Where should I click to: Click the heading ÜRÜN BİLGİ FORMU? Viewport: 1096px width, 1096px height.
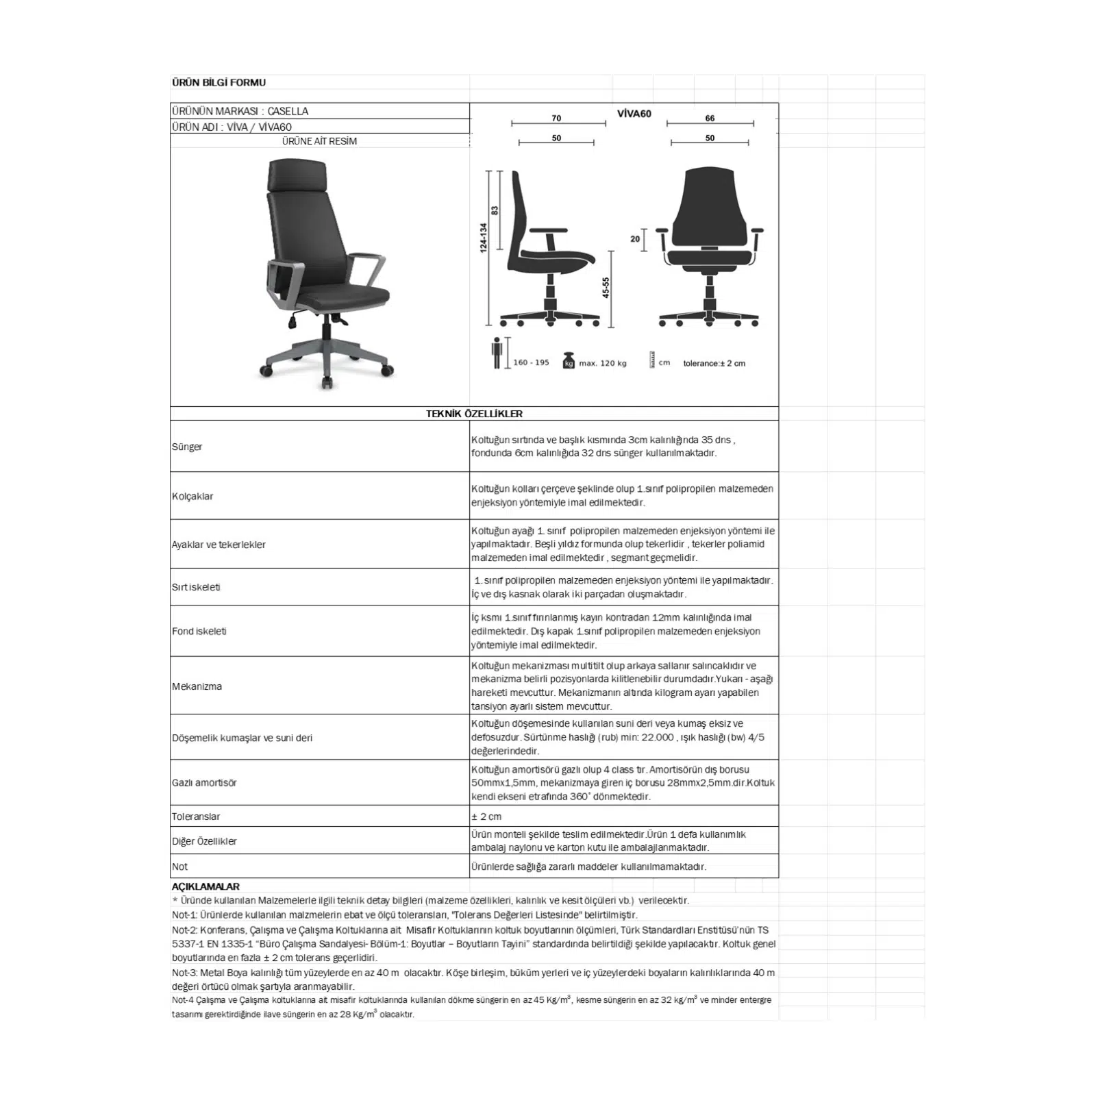point(219,83)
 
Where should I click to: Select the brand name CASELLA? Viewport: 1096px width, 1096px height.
point(288,111)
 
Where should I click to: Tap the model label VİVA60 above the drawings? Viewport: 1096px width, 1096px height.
point(634,114)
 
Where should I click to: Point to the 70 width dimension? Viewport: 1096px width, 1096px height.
point(556,119)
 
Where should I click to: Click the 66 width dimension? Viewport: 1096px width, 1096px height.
point(710,119)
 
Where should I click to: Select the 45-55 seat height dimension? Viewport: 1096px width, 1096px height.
point(606,288)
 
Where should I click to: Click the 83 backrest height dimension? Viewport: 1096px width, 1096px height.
point(495,210)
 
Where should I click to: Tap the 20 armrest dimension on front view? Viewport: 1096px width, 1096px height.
point(635,239)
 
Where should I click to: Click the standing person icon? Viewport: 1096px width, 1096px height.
point(497,353)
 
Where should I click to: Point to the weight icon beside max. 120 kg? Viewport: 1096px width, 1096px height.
point(568,361)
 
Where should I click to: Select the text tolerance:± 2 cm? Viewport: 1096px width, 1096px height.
point(714,363)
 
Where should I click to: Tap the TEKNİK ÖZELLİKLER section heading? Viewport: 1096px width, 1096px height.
point(474,414)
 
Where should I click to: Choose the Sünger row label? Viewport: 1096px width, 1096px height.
point(187,447)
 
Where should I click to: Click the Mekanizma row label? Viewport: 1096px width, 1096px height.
point(197,686)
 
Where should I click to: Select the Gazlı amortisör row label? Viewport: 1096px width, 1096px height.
point(204,782)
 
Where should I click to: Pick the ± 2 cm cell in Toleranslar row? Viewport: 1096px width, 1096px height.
point(486,817)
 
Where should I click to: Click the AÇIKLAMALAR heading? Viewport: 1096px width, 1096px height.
point(206,886)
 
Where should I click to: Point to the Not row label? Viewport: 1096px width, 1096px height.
point(179,867)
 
